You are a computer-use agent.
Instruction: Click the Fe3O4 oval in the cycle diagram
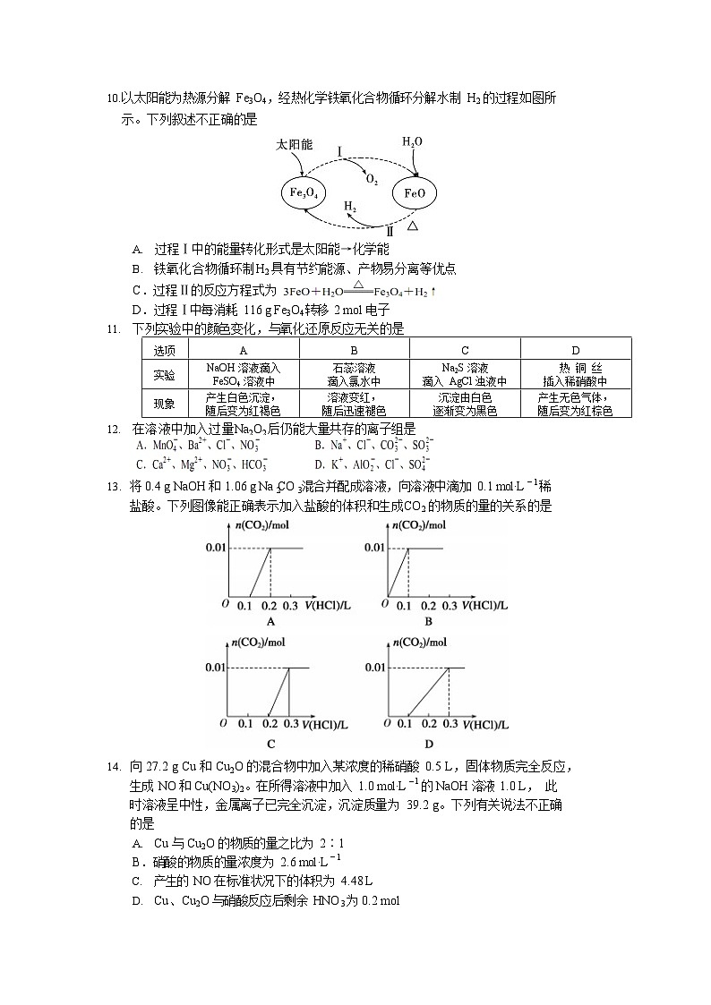click(x=304, y=193)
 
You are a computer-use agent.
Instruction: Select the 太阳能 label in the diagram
click(x=294, y=144)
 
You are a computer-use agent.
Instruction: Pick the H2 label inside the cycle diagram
click(x=352, y=206)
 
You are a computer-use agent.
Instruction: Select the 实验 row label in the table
click(x=165, y=374)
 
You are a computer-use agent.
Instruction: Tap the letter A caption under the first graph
click(x=270, y=621)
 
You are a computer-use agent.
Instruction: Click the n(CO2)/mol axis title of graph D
click(x=421, y=642)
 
